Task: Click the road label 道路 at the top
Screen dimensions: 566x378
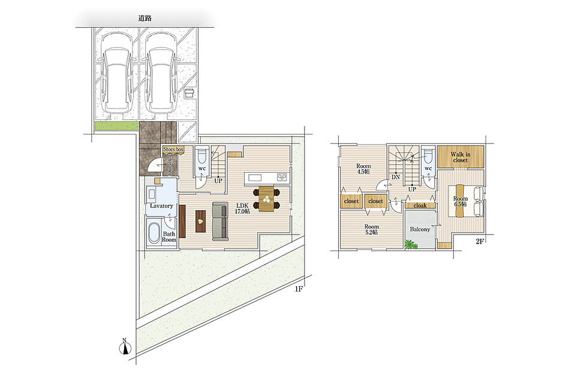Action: coord(144,19)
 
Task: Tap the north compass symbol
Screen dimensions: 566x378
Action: coord(125,347)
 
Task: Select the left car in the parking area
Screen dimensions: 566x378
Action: coord(116,73)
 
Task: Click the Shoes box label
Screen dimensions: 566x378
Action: coord(173,149)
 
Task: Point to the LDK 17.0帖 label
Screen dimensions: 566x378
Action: coord(243,208)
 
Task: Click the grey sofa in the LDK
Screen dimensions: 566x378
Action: coord(220,221)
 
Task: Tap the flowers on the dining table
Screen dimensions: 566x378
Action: coord(266,199)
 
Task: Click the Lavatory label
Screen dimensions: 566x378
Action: coord(161,206)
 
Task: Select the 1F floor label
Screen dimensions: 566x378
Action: coord(298,289)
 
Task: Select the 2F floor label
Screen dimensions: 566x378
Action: coord(479,242)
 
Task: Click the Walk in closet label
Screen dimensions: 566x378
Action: coord(460,157)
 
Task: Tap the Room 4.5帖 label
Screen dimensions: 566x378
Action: coord(363,169)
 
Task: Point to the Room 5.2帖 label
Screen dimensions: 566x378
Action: coord(372,229)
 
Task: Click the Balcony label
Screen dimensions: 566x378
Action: coord(420,229)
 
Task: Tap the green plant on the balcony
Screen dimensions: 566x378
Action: coord(411,244)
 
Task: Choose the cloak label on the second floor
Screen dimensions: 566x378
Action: coord(420,205)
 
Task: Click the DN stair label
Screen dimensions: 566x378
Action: coord(396,177)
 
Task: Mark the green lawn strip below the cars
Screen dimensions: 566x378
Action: coord(116,126)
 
